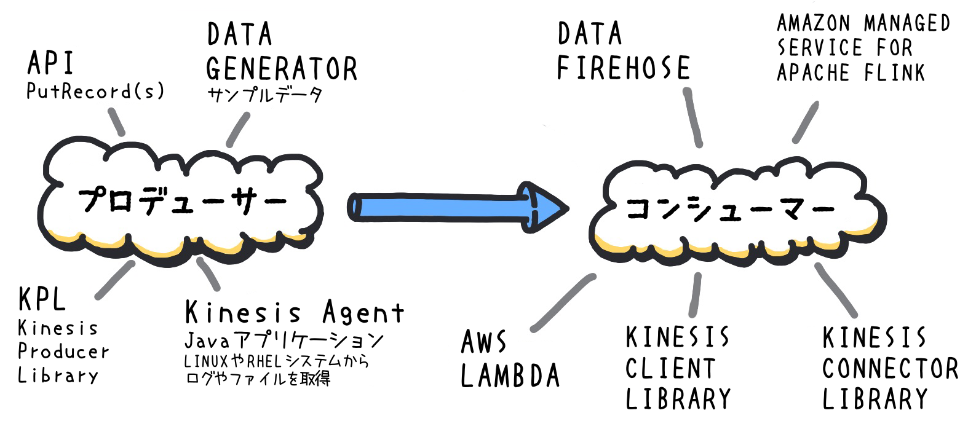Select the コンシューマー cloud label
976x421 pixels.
click(x=730, y=208)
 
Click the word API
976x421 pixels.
click(x=50, y=63)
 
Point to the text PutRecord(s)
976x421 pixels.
click(x=95, y=92)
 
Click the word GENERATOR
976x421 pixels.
click(x=281, y=68)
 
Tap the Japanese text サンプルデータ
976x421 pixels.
click(x=264, y=95)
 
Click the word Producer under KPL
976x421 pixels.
click(x=63, y=352)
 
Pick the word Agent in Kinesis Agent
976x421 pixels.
click(x=363, y=313)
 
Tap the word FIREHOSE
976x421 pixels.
click(x=623, y=68)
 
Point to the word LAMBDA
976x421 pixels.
click(x=510, y=376)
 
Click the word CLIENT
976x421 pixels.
click(x=670, y=369)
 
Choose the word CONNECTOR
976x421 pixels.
click(x=890, y=369)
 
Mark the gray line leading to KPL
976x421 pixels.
click(x=115, y=279)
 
